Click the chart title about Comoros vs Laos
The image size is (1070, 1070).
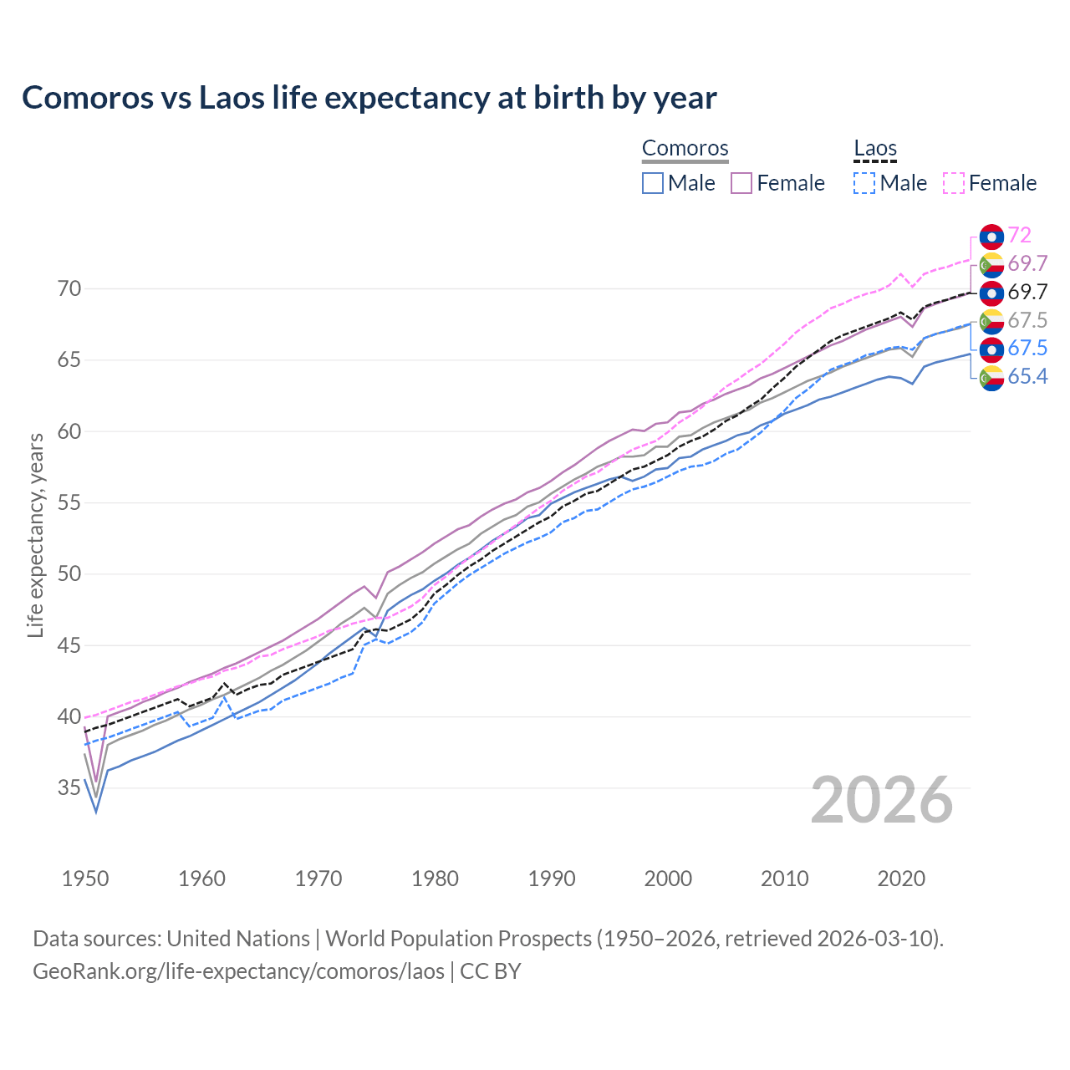coord(369,98)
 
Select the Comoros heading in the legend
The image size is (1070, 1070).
coord(685,149)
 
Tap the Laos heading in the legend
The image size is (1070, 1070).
coord(874,149)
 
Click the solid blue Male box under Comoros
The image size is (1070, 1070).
coord(653,183)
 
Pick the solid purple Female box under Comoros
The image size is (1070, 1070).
coord(741,183)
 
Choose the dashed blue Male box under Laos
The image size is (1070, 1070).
coord(864,183)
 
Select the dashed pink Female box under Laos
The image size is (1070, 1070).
coord(954,183)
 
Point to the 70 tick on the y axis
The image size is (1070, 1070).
coord(69,289)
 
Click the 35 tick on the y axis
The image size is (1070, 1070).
coord(69,787)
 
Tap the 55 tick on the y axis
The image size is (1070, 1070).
coord(69,502)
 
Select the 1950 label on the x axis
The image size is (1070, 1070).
coord(85,879)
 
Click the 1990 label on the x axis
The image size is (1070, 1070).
coord(552,879)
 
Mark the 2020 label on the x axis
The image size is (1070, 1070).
coord(901,879)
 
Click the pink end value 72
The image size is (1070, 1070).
coord(1019,236)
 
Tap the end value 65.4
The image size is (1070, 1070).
coord(1027,377)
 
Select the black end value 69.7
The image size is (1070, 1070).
coord(1027,292)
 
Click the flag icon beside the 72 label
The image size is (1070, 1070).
coord(991,237)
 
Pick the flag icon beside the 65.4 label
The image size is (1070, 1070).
coord(991,378)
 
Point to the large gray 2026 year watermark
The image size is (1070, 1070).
coord(881,800)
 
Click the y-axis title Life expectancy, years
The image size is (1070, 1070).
coord(36,535)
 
